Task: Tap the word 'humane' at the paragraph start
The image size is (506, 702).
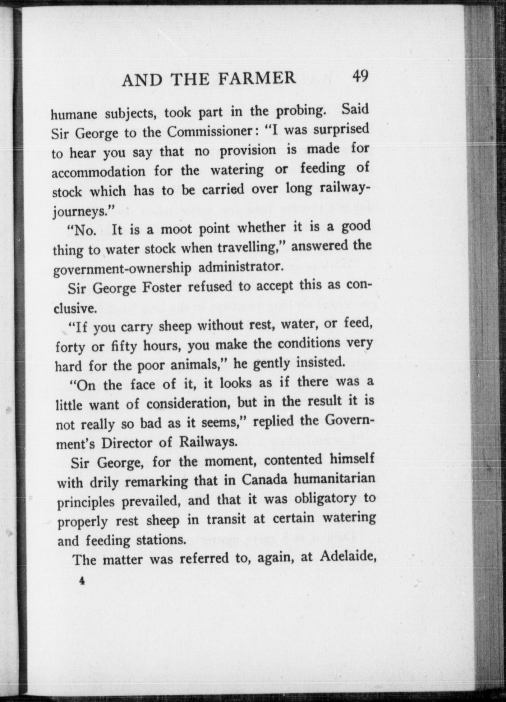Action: click(x=74, y=114)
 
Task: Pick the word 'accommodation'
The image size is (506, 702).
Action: click(x=98, y=172)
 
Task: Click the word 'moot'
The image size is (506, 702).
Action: click(x=176, y=229)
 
